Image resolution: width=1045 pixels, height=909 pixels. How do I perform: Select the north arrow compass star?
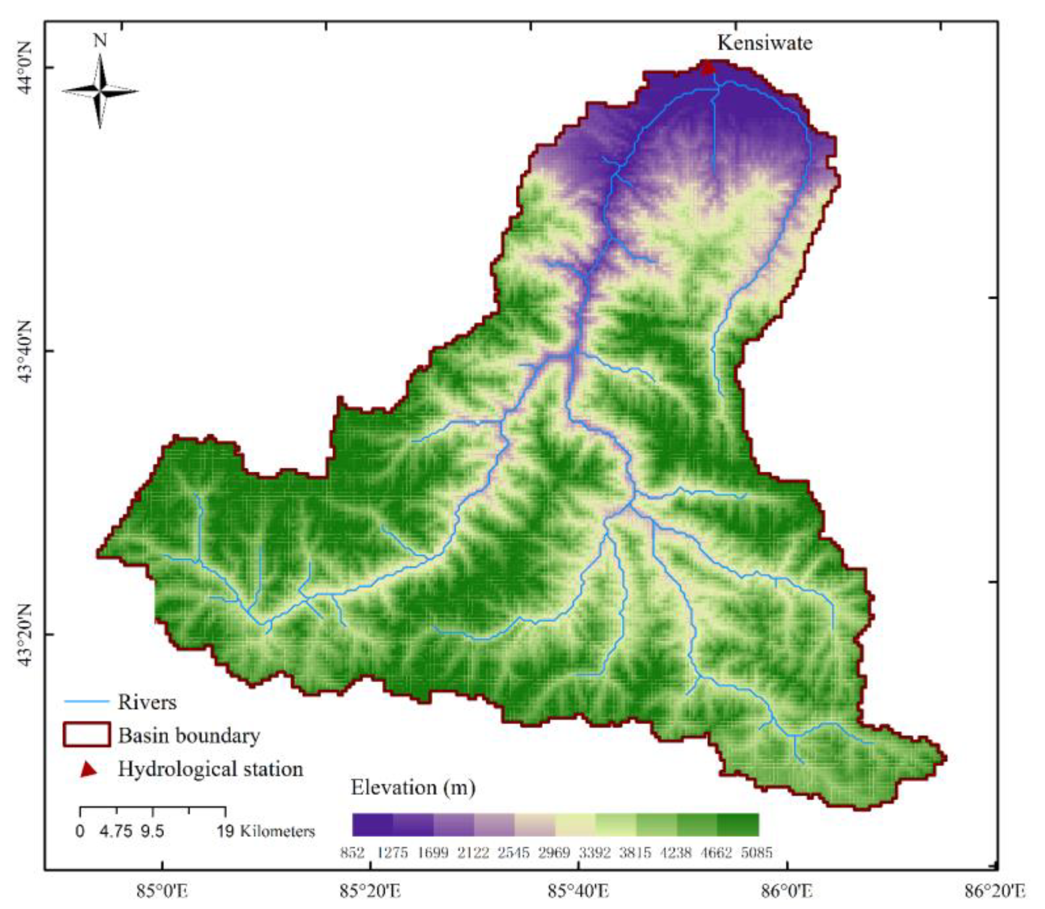pyautogui.click(x=100, y=92)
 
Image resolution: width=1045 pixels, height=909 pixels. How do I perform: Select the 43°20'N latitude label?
pyautogui.click(x=23, y=634)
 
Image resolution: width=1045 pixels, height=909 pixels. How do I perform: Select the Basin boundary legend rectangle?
pyautogui.click(x=87, y=734)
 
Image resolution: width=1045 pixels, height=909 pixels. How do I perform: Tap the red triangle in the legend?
pyautogui.click(x=89, y=769)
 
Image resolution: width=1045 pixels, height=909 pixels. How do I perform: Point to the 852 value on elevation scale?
pyautogui.click(x=352, y=853)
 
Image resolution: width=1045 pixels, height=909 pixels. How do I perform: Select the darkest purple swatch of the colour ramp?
pyautogui.click(x=372, y=825)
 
